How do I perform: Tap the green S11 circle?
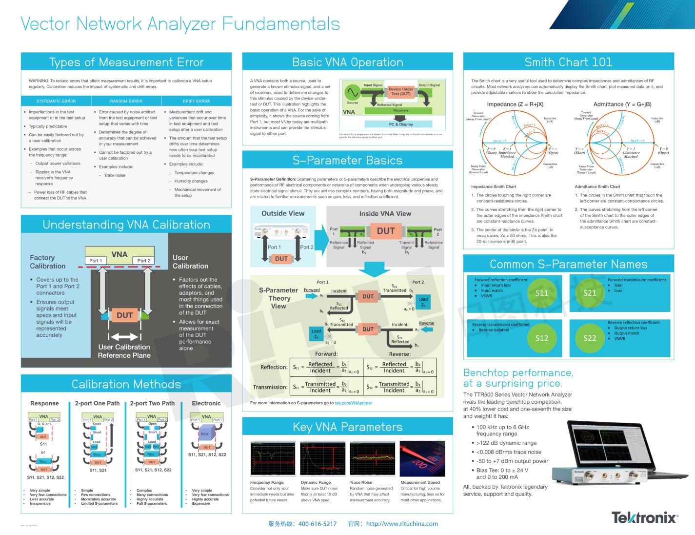click(542, 293)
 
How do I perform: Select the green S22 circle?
click(590, 338)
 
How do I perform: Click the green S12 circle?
click(542, 338)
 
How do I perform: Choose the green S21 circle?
click(590, 293)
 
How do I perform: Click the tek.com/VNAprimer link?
click(353, 403)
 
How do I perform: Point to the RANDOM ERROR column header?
click(126, 101)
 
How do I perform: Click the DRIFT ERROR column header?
click(197, 101)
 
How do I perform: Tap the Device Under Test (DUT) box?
click(401, 91)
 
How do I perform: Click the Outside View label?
click(283, 213)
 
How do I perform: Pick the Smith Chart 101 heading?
click(568, 62)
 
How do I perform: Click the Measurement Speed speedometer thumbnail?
click(422, 458)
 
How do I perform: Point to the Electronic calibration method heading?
click(206, 403)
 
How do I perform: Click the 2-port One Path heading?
click(97, 403)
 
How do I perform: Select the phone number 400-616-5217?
click(317, 524)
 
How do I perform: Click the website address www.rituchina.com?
click(401, 524)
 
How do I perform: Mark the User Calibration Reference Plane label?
click(124, 351)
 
